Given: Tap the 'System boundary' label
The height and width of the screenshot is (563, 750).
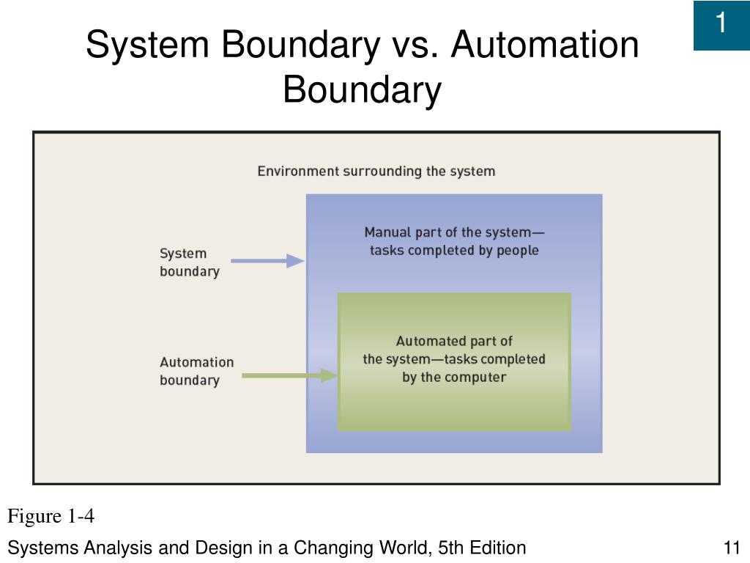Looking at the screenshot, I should coord(189,262).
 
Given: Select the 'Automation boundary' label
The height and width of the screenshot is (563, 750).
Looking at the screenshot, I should coord(196,371).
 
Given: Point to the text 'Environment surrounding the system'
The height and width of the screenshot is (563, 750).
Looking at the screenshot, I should coord(376,172).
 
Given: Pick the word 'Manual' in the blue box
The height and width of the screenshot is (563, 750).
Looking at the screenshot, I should coord(388,232).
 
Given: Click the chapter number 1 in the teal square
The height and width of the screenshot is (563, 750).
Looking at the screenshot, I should coord(721,24).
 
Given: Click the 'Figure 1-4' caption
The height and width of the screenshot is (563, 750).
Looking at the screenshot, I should coord(51,517).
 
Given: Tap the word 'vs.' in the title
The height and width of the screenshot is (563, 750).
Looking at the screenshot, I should coord(414,45).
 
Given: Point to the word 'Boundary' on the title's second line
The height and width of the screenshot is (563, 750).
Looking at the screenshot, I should coord(362,89).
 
